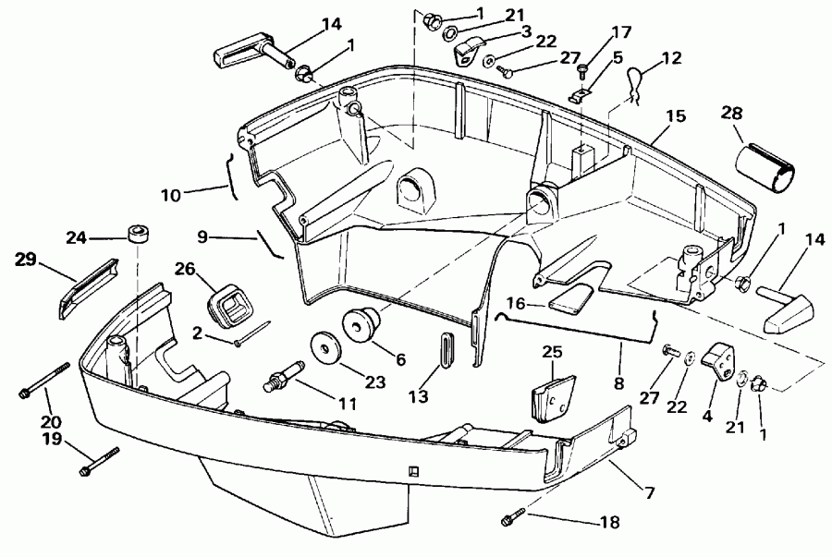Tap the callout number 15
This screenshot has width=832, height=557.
click(676, 117)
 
